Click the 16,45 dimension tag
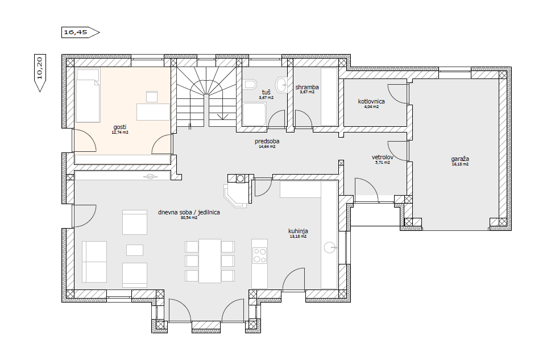pos(80,32)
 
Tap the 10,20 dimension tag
pos(40,73)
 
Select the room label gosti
pos(120,127)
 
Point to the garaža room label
pos(460,159)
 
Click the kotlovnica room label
pos(371,101)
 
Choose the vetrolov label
pos(382,157)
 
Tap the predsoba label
pos(267,142)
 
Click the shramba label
pos(307,87)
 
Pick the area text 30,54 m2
pos(189,218)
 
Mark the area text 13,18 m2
pos(298,237)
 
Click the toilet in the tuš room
pos(250,84)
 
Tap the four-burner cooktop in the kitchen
pos(260,255)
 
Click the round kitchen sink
pos(330,247)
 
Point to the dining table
pos(210,261)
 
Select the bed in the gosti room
pos(88,96)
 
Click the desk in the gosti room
pos(153,112)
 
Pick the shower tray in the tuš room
pos(254,114)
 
